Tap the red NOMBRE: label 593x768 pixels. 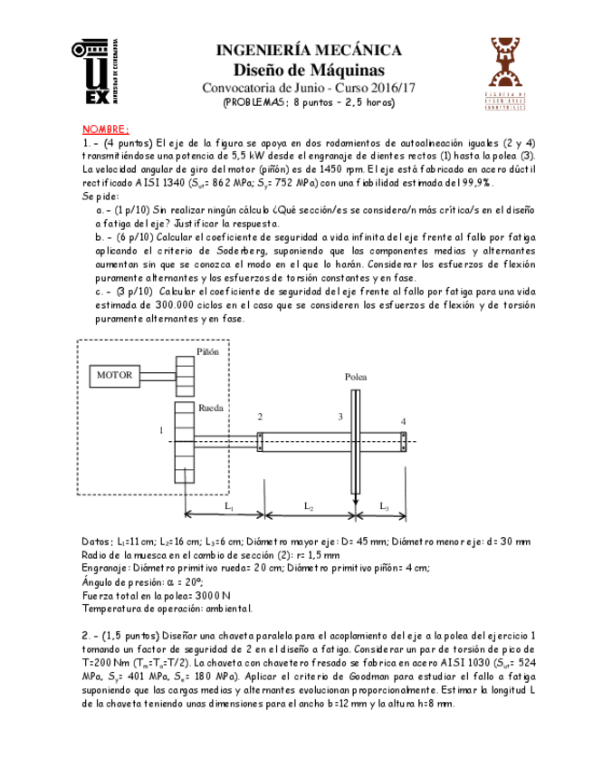tap(106, 130)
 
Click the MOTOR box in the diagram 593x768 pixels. tap(114, 375)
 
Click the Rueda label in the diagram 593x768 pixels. tap(210, 408)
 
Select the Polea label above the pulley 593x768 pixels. tap(356, 377)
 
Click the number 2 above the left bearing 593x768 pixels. tap(260, 416)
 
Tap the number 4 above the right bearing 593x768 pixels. tap(404, 421)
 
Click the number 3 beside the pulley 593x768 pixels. tap(340, 416)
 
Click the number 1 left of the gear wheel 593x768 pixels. tap(161, 430)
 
